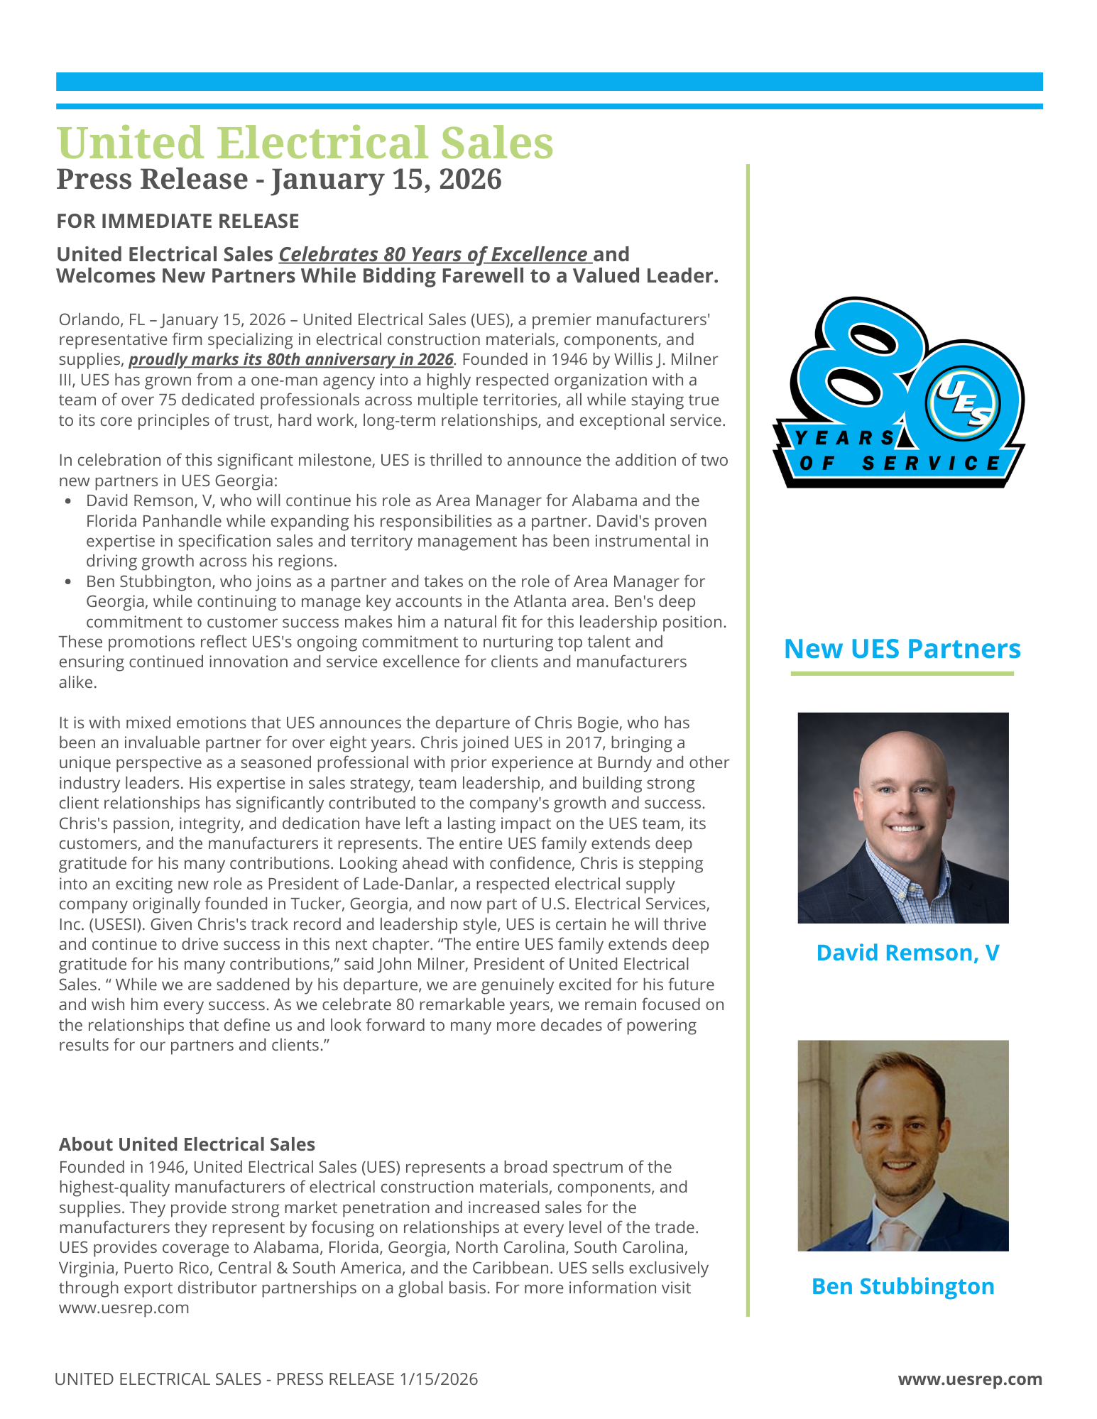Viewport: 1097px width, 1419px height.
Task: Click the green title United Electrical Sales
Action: pos(305,143)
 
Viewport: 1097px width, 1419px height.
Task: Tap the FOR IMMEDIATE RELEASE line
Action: pos(178,221)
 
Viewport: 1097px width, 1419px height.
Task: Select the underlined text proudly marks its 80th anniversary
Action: pos(291,359)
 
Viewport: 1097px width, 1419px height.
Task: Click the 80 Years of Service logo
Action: pos(899,393)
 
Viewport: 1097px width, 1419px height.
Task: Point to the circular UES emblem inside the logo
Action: pos(964,402)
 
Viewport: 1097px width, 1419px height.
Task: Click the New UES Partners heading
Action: pos(902,649)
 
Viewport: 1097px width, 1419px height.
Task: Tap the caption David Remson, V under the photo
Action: pos(907,953)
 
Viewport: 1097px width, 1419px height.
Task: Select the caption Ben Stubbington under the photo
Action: pos(902,1286)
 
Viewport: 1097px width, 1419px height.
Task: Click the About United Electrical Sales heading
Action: pos(187,1144)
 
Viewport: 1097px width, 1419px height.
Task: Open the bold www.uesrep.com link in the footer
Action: pos(970,1379)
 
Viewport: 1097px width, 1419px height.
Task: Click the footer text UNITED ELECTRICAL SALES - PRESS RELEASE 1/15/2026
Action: pos(266,1379)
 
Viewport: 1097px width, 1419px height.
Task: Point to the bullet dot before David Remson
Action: pos(68,501)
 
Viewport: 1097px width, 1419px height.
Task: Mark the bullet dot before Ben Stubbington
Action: pos(68,582)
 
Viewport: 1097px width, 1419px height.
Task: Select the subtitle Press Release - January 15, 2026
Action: pos(279,179)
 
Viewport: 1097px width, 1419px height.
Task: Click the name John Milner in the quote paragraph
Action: pos(419,964)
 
